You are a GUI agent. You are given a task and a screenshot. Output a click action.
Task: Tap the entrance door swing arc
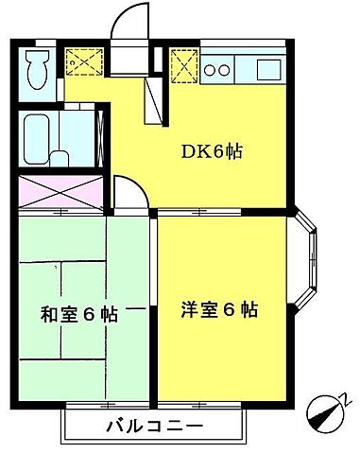(128, 21)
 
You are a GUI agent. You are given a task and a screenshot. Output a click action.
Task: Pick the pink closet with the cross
(59, 194)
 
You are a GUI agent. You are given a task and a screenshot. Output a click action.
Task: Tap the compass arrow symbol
(327, 413)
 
